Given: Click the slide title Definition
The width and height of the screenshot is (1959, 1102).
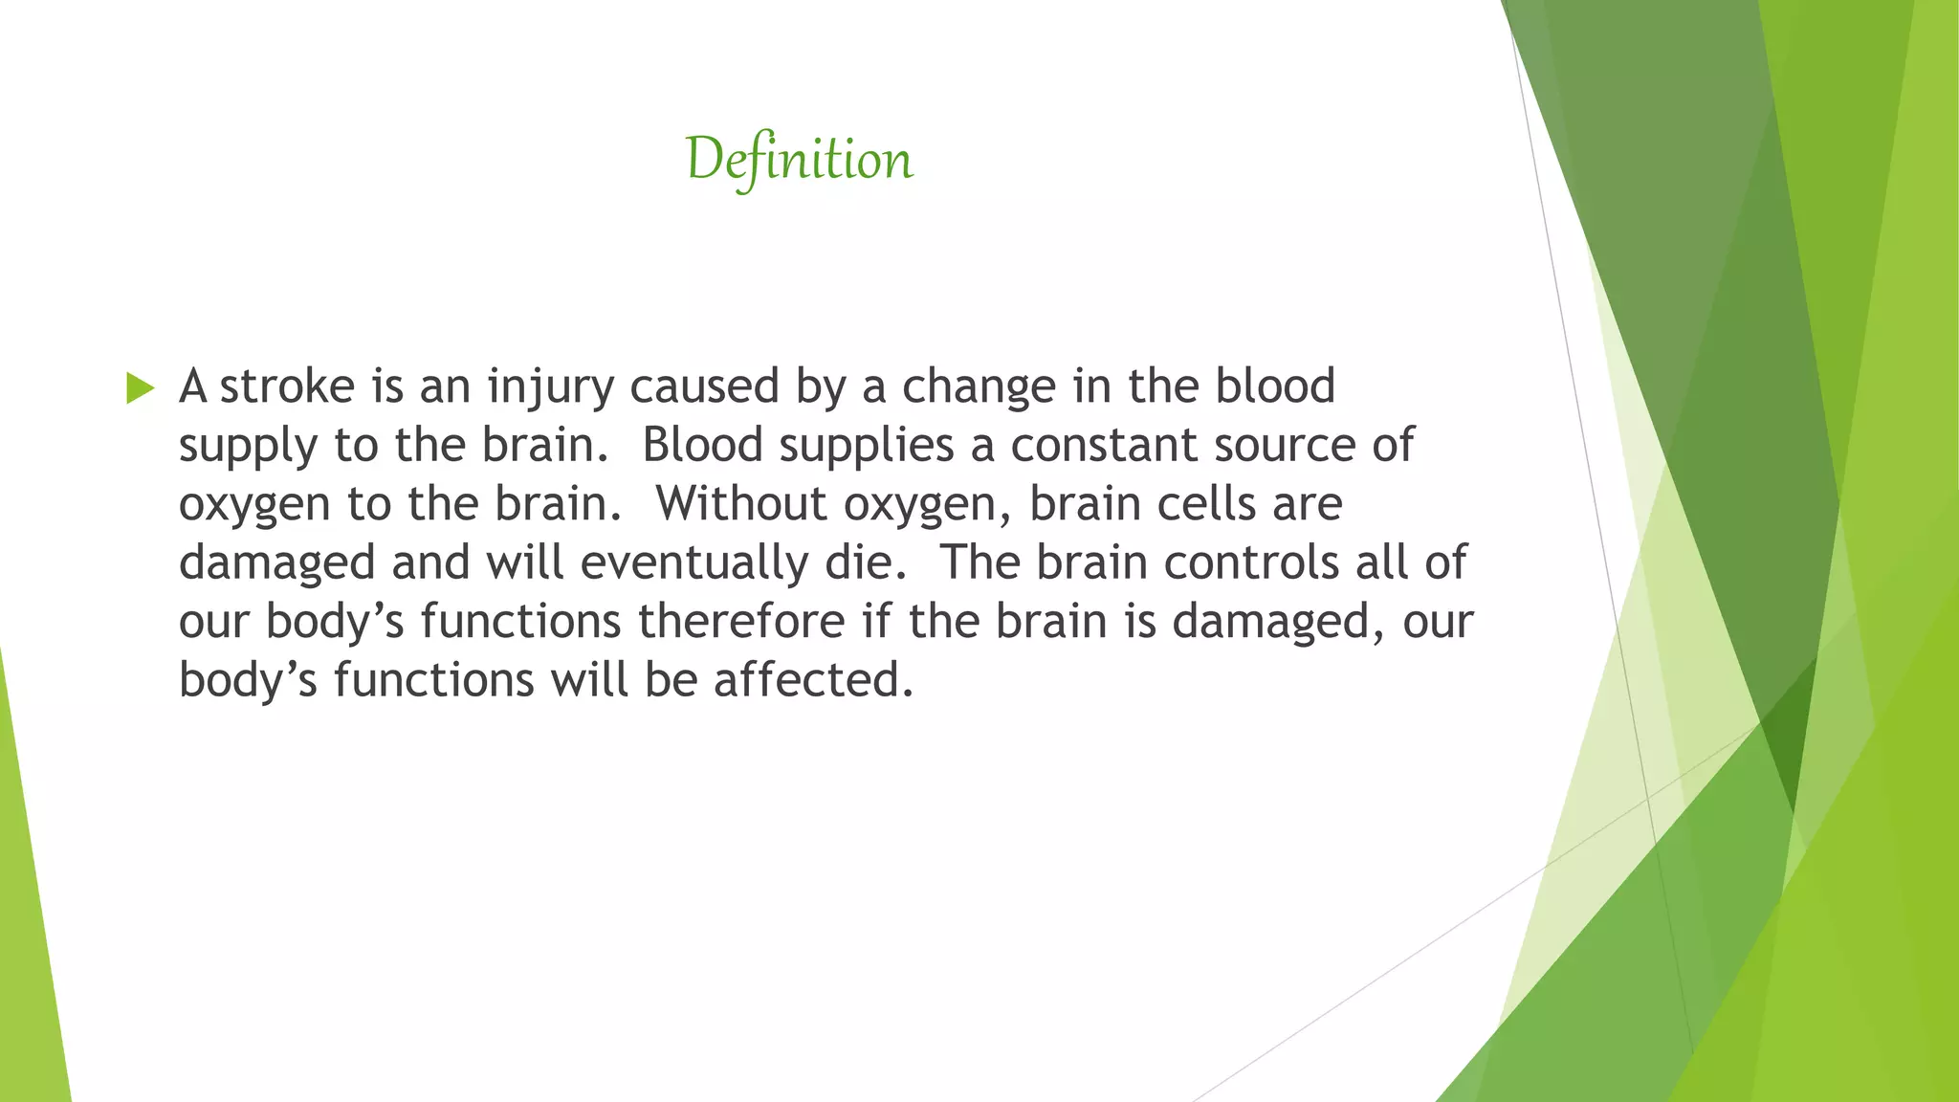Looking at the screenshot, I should (x=799, y=160).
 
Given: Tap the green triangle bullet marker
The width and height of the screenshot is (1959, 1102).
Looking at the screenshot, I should (x=140, y=387).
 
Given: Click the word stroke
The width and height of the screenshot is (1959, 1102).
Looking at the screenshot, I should (x=287, y=386).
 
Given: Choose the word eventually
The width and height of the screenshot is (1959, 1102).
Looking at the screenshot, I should (x=693, y=563).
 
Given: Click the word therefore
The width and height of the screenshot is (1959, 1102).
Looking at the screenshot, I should (x=741, y=621).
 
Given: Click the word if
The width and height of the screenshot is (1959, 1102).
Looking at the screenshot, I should (x=876, y=621).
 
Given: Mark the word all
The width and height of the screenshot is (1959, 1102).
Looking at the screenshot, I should (x=1381, y=562).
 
